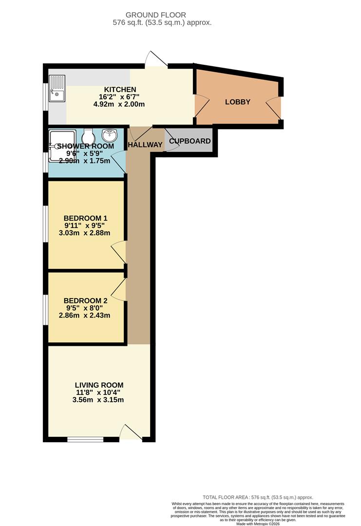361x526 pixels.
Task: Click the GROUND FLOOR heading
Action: [156, 15]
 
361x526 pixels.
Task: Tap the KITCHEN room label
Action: [120, 90]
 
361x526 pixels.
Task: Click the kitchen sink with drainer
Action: [57, 89]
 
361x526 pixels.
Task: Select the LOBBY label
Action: [238, 102]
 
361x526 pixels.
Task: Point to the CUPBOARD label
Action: [190, 141]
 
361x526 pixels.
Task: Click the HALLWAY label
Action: [145, 145]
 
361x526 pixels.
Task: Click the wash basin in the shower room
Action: [110, 135]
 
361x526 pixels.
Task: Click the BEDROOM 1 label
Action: [86, 218]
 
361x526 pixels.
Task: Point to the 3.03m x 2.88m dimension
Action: [85, 233]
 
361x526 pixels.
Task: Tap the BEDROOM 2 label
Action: [86, 301]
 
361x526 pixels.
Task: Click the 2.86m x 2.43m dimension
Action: [85, 315]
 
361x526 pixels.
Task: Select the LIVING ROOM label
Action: [99, 385]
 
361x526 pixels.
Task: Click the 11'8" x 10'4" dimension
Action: [98, 393]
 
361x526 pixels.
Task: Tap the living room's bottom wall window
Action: [85, 439]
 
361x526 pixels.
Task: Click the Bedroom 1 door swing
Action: [119, 252]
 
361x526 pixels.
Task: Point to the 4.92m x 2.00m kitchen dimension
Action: [119, 104]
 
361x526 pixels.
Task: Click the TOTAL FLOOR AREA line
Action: [258, 497]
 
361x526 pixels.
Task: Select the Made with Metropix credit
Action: [258, 524]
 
